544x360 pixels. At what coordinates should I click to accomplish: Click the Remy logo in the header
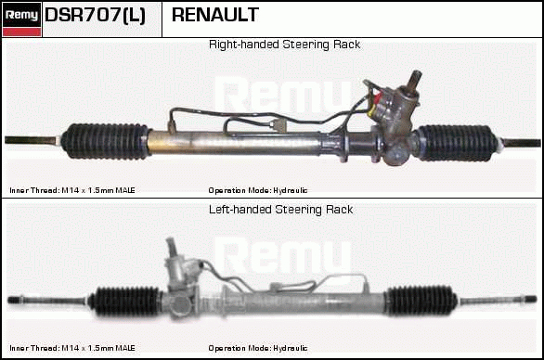pyautogui.click(x=22, y=19)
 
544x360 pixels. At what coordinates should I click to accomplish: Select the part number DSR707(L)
pyautogui.click(x=95, y=15)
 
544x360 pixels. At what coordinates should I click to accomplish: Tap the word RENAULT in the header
pyautogui.click(x=215, y=15)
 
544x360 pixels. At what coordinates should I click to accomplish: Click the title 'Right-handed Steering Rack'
pyautogui.click(x=284, y=45)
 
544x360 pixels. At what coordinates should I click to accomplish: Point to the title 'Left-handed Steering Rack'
pyautogui.click(x=280, y=210)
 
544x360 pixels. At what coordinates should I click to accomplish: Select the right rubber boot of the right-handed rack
pyautogui.click(x=458, y=143)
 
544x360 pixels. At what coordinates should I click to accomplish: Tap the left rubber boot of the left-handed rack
pyautogui.click(x=125, y=301)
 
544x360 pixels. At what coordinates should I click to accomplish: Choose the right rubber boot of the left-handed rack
pyautogui.click(x=421, y=301)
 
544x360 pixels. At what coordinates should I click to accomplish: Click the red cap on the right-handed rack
pyautogui.click(x=378, y=97)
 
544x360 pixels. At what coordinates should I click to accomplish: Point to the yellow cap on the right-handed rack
pyautogui.click(x=371, y=109)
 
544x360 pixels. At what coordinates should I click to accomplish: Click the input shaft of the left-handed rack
pyautogui.click(x=172, y=247)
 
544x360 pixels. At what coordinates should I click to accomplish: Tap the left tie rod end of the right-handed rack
pyautogui.click(x=32, y=140)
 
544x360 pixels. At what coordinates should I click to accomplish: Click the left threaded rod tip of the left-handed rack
pyautogui.click(x=16, y=300)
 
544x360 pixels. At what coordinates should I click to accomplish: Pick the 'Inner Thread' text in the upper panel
pyautogui.click(x=72, y=190)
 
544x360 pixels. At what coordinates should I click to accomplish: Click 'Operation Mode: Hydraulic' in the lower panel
pyautogui.click(x=258, y=348)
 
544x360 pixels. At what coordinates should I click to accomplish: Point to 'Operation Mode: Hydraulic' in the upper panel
pyautogui.click(x=258, y=190)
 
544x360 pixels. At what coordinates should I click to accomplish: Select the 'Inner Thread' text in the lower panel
pyautogui.click(x=72, y=348)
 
